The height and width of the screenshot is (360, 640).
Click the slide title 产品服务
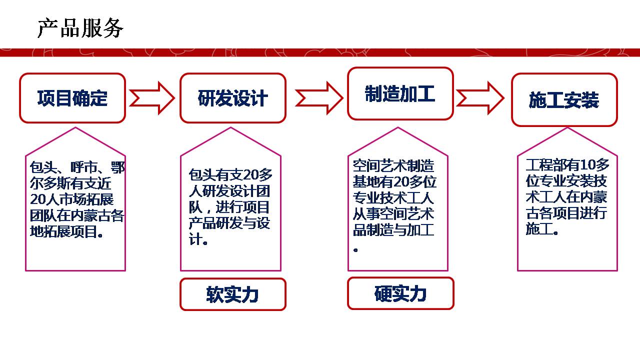point(80,28)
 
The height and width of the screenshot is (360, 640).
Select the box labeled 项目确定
point(72,98)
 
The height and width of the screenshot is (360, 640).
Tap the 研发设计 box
point(233,98)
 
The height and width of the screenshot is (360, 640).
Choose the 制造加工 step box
point(400,94)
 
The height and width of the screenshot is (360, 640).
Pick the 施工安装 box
point(564,100)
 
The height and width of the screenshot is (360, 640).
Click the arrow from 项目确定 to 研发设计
point(152,97)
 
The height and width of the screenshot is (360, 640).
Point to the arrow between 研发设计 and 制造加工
point(318,97)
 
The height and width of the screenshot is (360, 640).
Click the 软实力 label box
point(233,294)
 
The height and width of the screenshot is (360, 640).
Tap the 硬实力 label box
point(400,293)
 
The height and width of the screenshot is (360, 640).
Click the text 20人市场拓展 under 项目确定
point(72,199)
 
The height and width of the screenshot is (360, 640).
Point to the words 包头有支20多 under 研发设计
point(230,175)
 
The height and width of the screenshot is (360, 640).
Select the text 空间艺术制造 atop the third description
point(393,165)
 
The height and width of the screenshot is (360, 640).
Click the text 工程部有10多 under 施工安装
point(567,165)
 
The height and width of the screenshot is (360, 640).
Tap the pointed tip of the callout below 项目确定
point(75,128)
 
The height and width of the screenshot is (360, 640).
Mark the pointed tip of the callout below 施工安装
point(567,128)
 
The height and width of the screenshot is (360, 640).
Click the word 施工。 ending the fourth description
point(542,229)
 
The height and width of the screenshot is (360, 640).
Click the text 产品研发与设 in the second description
point(229,223)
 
